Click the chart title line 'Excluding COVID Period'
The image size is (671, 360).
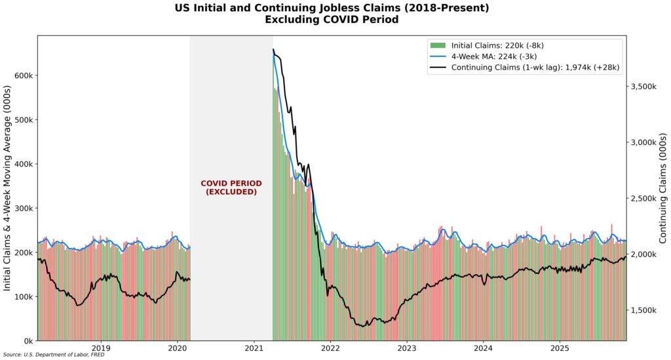point(332,20)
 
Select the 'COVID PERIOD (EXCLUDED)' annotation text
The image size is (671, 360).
point(231,188)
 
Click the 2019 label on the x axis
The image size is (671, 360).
point(100,348)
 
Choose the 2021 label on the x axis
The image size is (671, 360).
point(254,348)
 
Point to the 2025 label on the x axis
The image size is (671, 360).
point(560,348)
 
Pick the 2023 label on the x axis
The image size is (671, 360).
point(407,348)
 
